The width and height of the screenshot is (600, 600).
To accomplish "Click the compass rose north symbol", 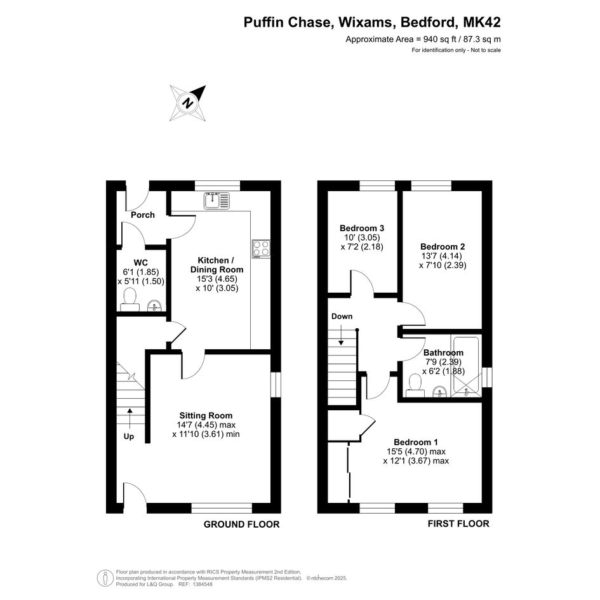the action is (187, 103).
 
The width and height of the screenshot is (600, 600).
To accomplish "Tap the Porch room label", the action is (143, 215).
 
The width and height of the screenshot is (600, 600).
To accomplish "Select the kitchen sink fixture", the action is (217, 201).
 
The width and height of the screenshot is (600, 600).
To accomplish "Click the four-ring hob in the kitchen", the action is (262, 249).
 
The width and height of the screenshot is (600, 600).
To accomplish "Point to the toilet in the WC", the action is (130, 300).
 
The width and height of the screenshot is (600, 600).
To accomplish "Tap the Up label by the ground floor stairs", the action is (128, 437).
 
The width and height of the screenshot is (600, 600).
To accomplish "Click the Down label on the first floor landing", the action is (342, 316).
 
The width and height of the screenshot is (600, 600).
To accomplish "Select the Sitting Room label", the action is (206, 416).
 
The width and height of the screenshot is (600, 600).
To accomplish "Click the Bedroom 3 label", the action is (362, 229).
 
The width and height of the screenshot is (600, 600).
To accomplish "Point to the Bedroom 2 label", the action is (443, 247).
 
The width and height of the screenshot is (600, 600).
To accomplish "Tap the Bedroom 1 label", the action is (416, 443).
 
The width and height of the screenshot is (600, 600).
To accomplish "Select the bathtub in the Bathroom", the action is (465, 366).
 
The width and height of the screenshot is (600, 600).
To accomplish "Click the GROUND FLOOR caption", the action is (241, 524).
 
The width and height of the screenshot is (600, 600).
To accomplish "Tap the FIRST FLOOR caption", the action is (458, 524).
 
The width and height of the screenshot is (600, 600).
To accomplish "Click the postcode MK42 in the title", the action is (482, 22).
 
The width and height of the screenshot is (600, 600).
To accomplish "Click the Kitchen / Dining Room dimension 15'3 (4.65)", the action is (217, 279).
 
